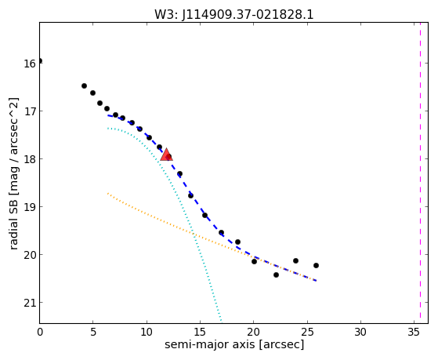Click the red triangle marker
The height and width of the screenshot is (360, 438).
(166, 155)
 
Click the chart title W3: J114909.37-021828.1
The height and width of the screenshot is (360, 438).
(234, 14)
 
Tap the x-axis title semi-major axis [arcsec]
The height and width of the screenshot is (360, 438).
(234, 344)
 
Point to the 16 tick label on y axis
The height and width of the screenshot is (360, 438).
(30, 64)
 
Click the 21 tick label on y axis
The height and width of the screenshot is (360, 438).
(30, 303)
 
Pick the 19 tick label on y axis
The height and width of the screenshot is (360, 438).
(30, 207)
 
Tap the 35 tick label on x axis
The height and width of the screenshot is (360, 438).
(414, 333)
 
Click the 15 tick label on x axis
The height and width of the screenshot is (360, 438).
(200, 333)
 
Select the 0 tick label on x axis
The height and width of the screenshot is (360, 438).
(40, 333)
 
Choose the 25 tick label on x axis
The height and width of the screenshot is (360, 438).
(307, 333)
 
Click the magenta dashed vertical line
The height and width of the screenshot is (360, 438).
(420, 173)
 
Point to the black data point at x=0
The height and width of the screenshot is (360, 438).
(40, 60)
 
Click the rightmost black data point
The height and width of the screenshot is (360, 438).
(316, 265)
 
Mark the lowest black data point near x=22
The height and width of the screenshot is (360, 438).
(276, 275)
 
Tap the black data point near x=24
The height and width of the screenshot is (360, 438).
(295, 260)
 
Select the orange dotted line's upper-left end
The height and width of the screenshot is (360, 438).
(108, 193)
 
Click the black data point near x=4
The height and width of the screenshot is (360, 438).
(84, 85)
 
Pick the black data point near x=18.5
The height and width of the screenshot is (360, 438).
(237, 242)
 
